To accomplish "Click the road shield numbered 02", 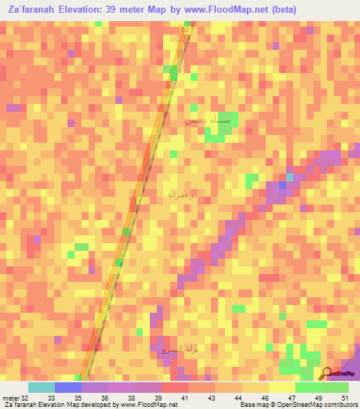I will (x=186, y=31).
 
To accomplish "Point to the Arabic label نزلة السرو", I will (x=172, y=349).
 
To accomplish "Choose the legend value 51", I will (x=345, y=397).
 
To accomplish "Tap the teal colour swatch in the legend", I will (x=41, y=387).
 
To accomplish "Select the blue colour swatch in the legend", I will (x=68, y=387).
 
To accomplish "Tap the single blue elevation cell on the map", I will (x=283, y=185).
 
